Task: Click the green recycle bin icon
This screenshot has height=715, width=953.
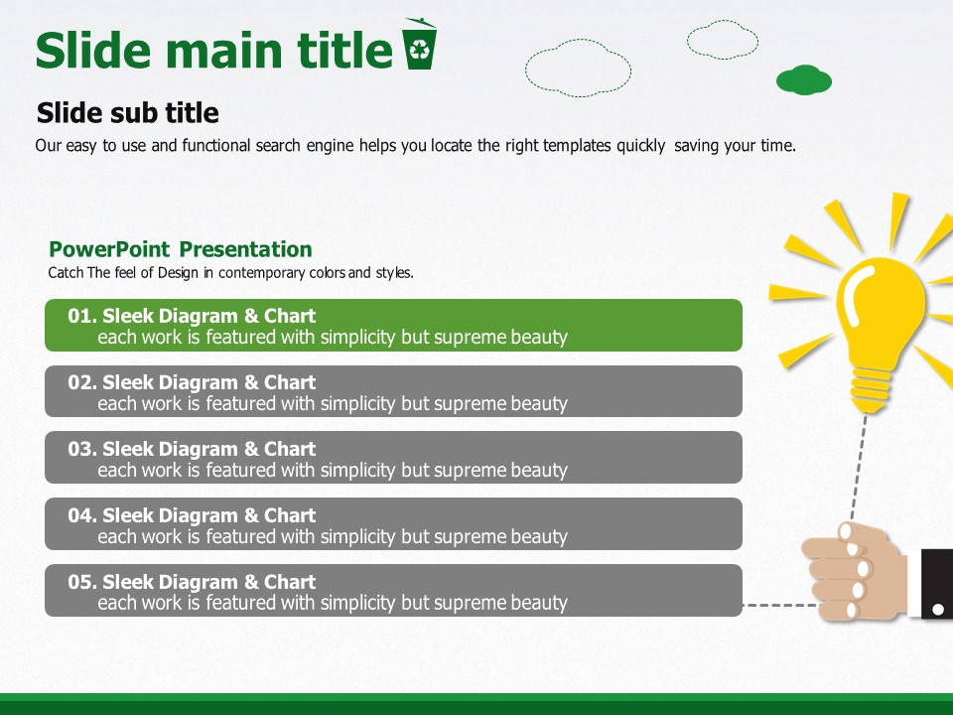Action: click(x=419, y=44)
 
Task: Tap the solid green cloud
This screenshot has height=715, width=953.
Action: click(x=803, y=79)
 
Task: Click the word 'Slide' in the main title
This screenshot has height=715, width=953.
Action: click(x=93, y=50)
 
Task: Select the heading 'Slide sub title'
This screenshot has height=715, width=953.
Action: click(x=128, y=112)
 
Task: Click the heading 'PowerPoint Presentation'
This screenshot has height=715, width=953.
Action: click(x=181, y=249)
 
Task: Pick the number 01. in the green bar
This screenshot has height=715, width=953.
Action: click(x=82, y=316)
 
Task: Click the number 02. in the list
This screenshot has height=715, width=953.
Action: click(x=82, y=382)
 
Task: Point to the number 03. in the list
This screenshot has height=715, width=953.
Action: click(x=82, y=449)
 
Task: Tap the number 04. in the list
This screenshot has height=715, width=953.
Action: click(x=82, y=515)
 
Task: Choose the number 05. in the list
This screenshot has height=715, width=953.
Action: click(x=82, y=582)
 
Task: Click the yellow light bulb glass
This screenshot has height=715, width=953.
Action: click(x=881, y=310)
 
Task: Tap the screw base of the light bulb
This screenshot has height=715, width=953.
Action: click(x=871, y=390)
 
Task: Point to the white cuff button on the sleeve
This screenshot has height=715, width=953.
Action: click(x=938, y=609)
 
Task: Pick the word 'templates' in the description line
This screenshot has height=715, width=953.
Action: click(x=577, y=146)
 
